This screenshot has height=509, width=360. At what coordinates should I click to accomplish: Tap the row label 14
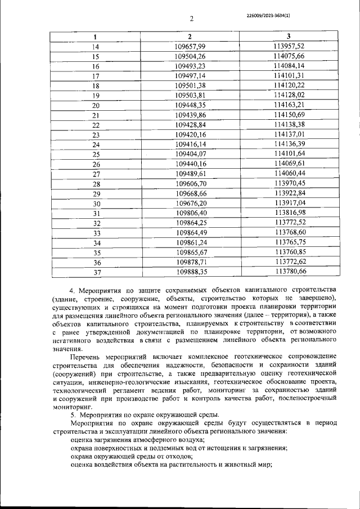click(95, 47)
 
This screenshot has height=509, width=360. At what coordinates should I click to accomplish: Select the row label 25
click(95, 154)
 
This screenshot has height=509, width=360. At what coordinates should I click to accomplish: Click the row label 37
click(95, 272)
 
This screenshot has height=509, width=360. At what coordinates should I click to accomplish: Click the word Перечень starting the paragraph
click(87, 357)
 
